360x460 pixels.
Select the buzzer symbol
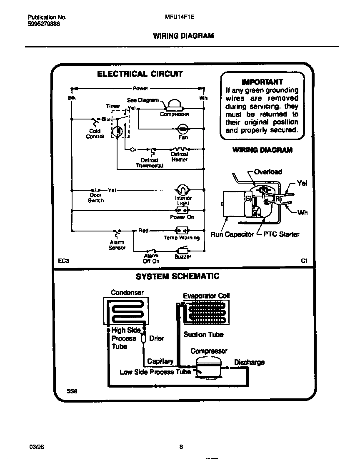point(183,251)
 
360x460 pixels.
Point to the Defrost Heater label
point(180,157)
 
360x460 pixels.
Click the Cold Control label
point(95,134)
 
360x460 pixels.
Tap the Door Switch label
point(95,198)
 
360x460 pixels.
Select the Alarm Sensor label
point(117,245)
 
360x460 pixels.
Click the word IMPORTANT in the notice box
point(262,82)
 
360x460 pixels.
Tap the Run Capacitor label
point(232,234)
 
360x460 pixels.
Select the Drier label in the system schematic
point(157,338)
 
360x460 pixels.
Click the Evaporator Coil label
point(206,296)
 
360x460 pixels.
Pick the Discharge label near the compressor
point(249,362)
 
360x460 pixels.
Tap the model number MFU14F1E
point(180,17)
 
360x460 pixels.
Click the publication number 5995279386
point(44,24)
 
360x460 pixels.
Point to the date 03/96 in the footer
point(36,447)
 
